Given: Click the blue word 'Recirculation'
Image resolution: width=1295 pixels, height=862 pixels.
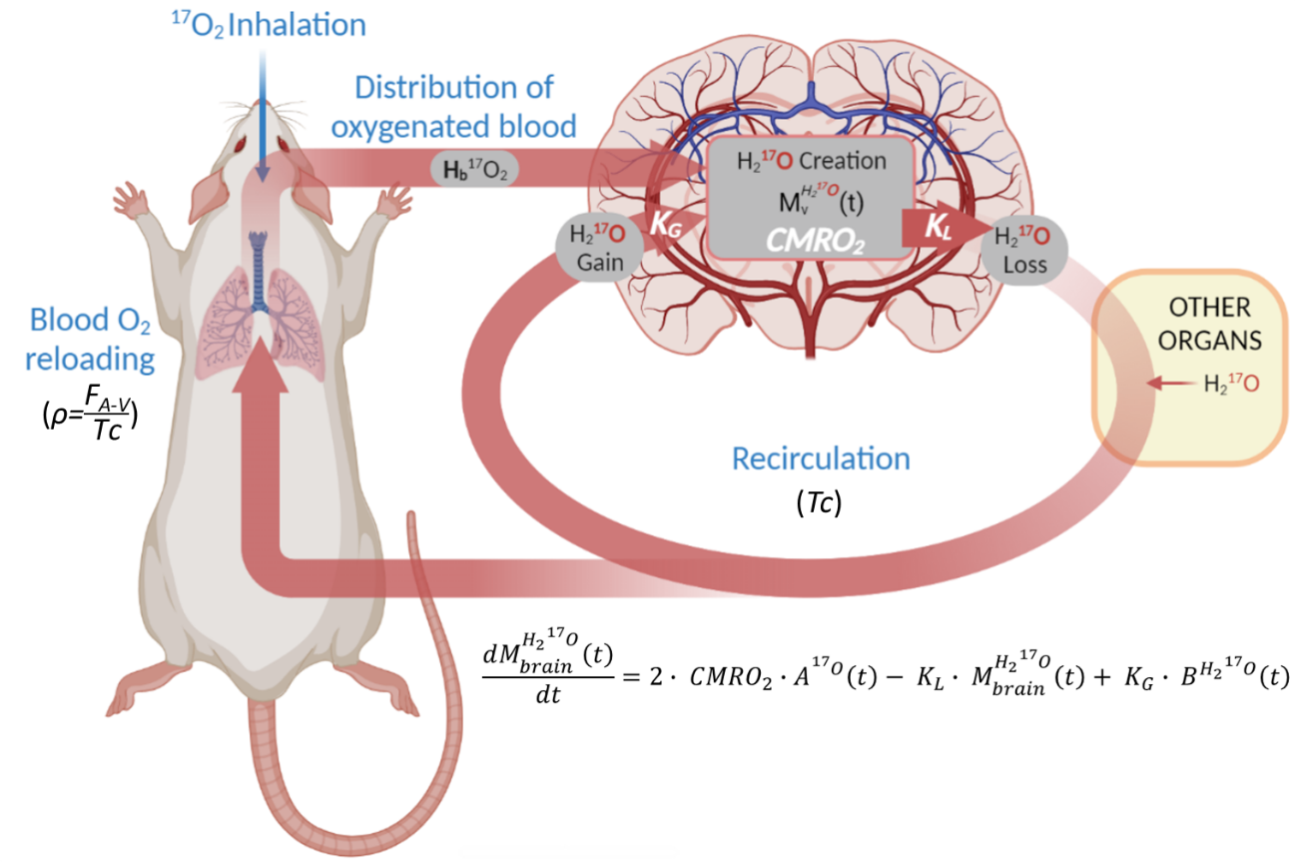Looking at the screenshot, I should coord(821,458).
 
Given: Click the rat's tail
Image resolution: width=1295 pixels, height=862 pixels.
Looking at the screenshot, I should coord(419,699).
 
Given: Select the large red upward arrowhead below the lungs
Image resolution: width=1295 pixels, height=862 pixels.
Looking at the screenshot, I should coord(263,369).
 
